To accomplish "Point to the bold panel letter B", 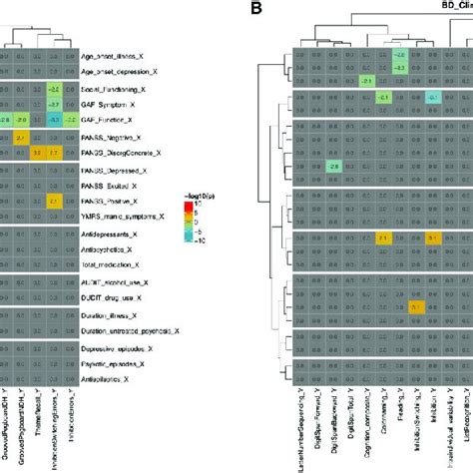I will click(x=256, y=9).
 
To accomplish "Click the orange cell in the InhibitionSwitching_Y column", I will click(x=415, y=307).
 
